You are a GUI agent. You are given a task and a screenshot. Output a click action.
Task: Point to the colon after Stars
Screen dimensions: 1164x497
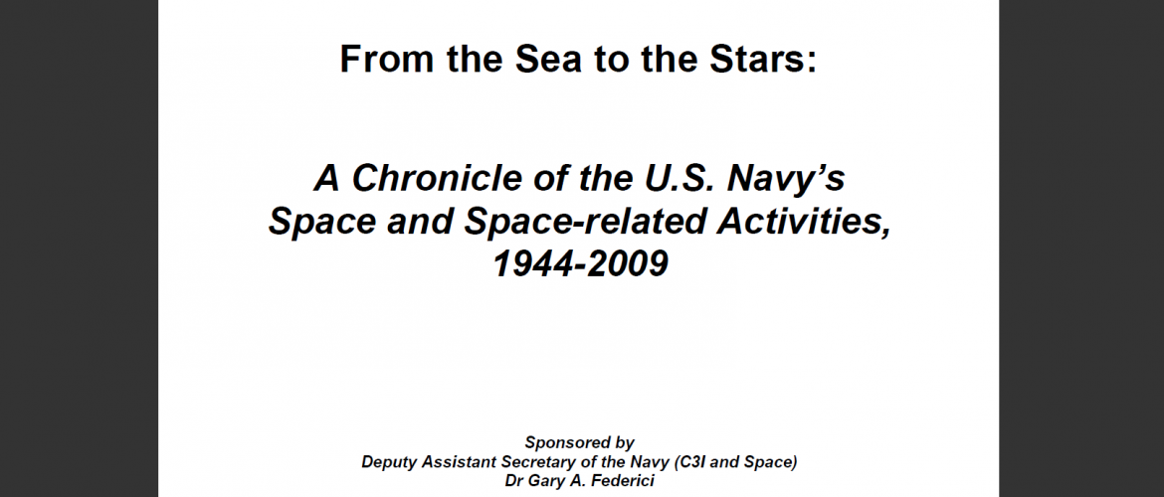[x=812, y=64]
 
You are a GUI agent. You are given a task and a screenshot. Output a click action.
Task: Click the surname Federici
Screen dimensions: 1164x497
[x=625, y=481]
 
